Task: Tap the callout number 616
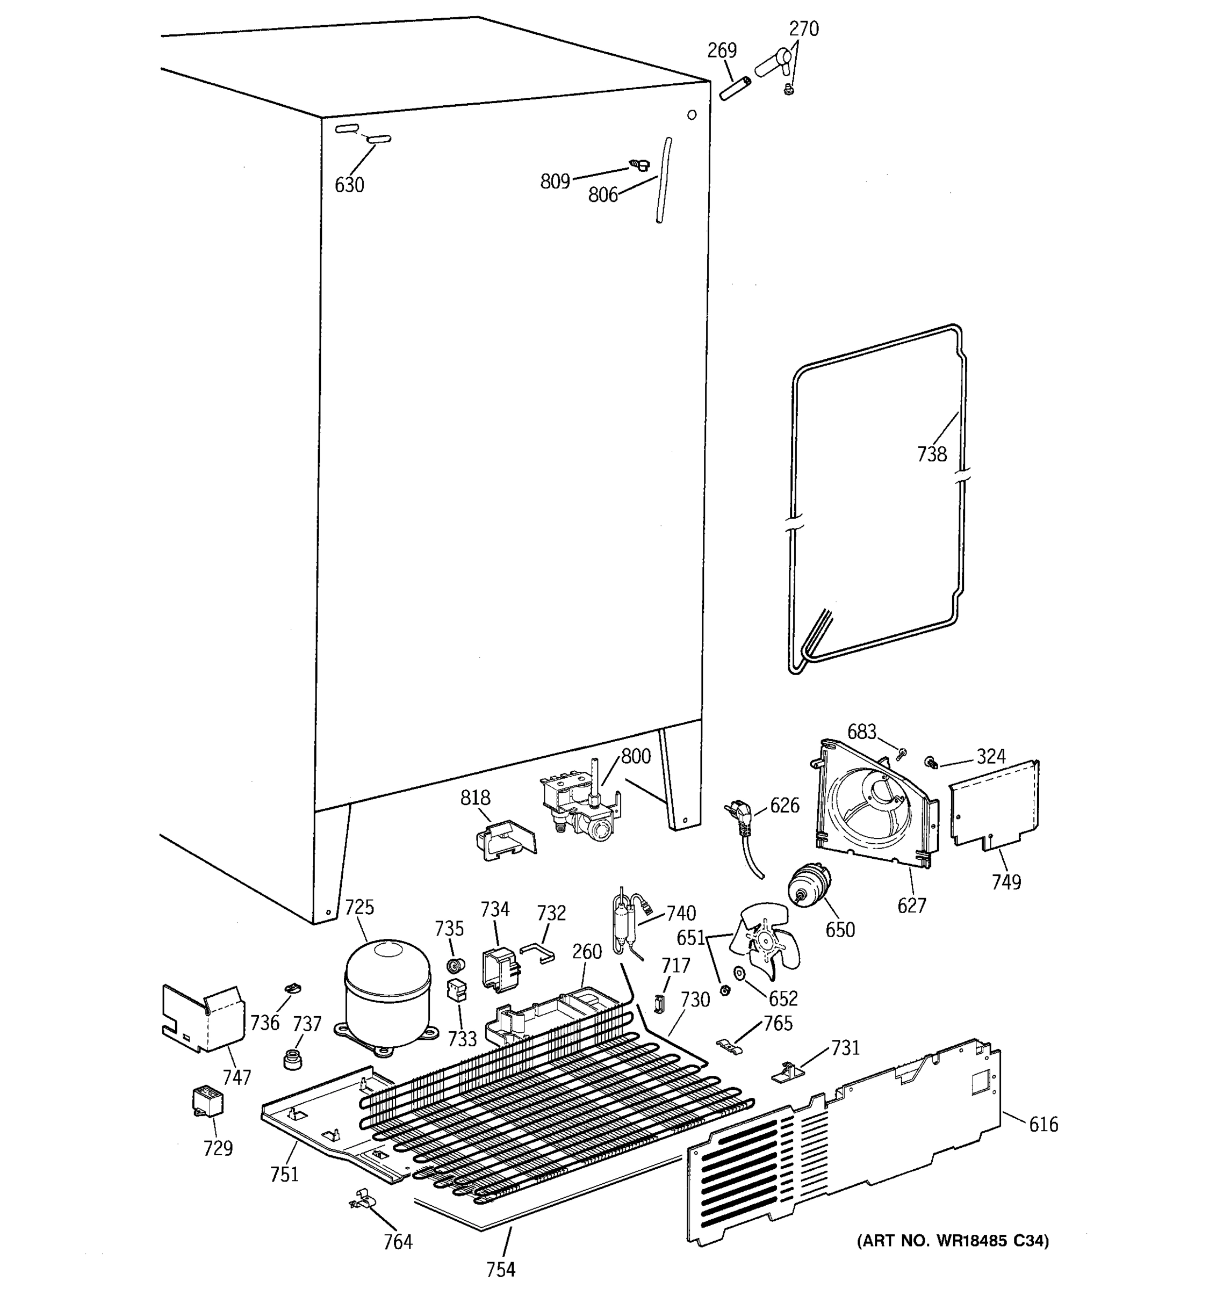point(1043,1124)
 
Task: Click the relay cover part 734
point(499,969)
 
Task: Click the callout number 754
point(501,1269)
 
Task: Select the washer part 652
point(739,973)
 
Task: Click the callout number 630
point(349,185)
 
